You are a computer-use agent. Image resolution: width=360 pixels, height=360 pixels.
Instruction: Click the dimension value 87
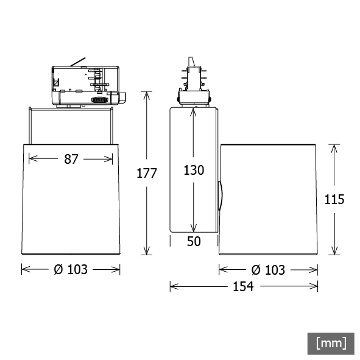point(71,159)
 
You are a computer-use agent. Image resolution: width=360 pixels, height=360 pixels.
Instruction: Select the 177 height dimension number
point(146,173)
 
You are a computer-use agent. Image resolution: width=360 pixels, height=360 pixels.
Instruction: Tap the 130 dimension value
point(194,171)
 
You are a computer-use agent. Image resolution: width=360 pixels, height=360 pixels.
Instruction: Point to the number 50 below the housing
point(194,241)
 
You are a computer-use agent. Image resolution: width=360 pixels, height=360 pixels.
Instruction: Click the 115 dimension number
point(334,199)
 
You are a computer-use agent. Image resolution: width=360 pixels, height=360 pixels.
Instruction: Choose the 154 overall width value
point(244,286)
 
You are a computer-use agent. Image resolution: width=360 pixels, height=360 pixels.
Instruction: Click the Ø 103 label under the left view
point(71,269)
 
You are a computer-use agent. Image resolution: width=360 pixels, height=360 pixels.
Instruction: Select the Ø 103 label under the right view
point(268,270)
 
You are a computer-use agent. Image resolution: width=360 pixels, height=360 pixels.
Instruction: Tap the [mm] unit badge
point(331,344)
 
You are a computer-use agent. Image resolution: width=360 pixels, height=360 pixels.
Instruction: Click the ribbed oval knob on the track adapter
point(100,100)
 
